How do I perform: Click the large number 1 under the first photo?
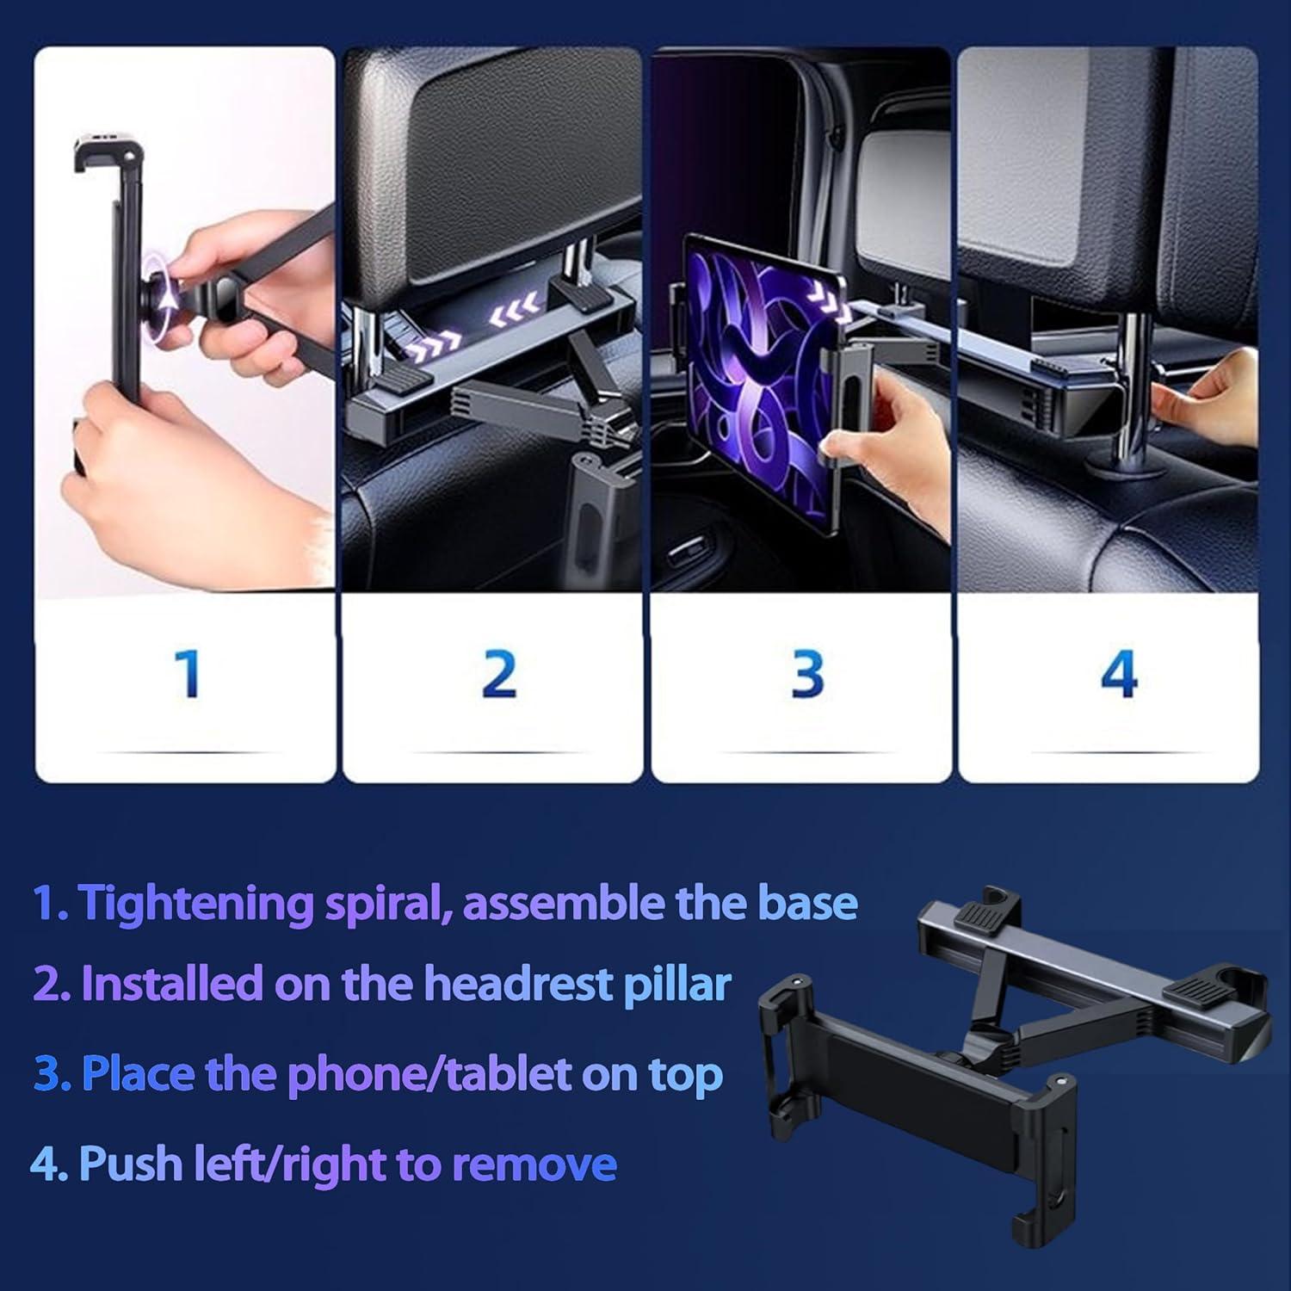tap(188, 673)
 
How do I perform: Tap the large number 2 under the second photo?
tap(498, 673)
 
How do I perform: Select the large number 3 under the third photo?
tap(807, 673)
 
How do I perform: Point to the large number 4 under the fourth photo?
tap(1118, 673)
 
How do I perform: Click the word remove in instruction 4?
tap(534, 1164)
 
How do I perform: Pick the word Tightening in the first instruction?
tap(195, 904)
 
